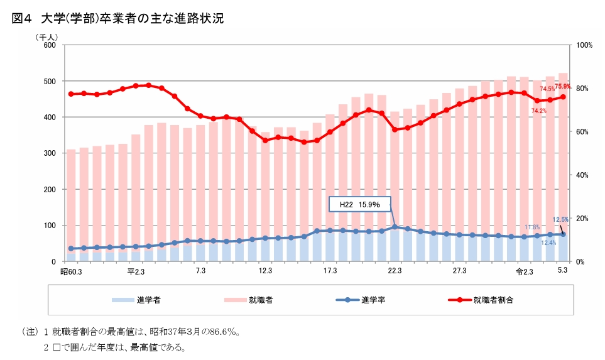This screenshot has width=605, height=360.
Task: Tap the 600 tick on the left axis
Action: (x=50, y=45)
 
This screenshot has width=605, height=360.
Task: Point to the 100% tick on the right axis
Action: (x=584, y=45)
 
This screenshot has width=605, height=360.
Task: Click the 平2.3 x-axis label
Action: (x=136, y=271)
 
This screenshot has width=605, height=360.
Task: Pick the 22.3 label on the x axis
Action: (x=395, y=271)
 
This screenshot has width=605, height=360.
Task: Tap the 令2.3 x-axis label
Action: (x=524, y=271)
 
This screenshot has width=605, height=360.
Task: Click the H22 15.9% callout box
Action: (x=360, y=205)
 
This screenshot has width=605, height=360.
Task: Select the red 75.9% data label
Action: (x=562, y=87)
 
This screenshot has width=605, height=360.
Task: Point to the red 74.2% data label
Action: (x=538, y=111)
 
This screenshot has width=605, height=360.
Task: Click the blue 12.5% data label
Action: (x=560, y=220)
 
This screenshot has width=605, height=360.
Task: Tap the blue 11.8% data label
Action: (x=532, y=227)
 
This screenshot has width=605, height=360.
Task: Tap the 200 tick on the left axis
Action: (x=50, y=189)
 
